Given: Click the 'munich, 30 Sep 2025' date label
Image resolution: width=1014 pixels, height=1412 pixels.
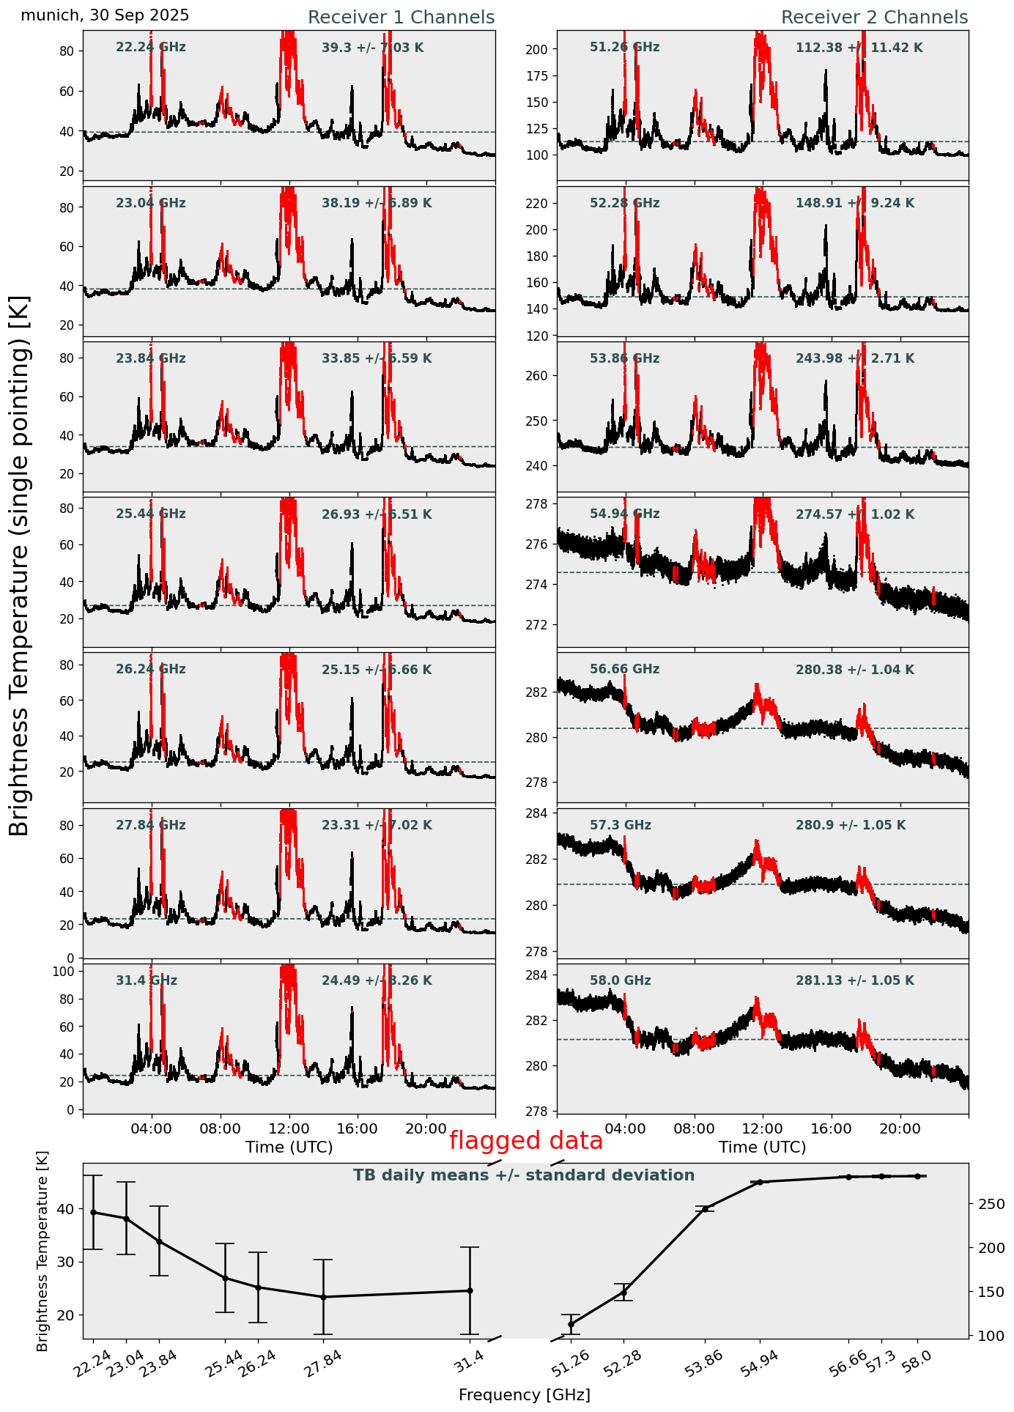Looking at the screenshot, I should pyautogui.click(x=105, y=15).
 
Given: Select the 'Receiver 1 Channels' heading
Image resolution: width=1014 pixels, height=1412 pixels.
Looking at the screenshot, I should pyautogui.click(x=401, y=18).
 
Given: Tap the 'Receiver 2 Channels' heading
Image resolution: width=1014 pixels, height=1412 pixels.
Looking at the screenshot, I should pyautogui.click(x=874, y=18).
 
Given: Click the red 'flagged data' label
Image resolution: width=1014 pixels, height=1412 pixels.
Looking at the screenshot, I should pyautogui.click(x=525, y=1141).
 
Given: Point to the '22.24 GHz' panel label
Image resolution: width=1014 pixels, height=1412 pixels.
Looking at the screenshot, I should pyautogui.click(x=150, y=48).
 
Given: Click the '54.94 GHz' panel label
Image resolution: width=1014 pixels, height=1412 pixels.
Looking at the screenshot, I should pyautogui.click(x=624, y=514).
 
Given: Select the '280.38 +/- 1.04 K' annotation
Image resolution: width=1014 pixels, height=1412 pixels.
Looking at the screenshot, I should pyautogui.click(x=854, y=670).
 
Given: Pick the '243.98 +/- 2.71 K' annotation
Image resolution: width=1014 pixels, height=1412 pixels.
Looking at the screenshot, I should pyautogui.click(x=854, y=359).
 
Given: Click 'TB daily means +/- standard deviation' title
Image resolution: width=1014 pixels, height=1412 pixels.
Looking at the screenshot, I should pyautogui.click(x=524, y=1175).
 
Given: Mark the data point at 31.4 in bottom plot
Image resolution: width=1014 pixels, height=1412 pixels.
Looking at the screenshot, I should pyautogui.click(x=470, y=1290).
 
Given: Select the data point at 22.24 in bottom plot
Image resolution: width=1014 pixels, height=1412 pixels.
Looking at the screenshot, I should pyautogui.click(x=93, y=1212).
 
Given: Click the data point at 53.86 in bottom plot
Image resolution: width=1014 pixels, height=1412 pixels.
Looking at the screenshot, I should pyautogui.click(x=706, y=1208).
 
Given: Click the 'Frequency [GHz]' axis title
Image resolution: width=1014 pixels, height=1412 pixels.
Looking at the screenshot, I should pyautogui.click(x=524, y=1395).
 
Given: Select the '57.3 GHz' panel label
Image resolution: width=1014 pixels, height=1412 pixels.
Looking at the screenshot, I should pyautogui.click(x=620, y=825).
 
